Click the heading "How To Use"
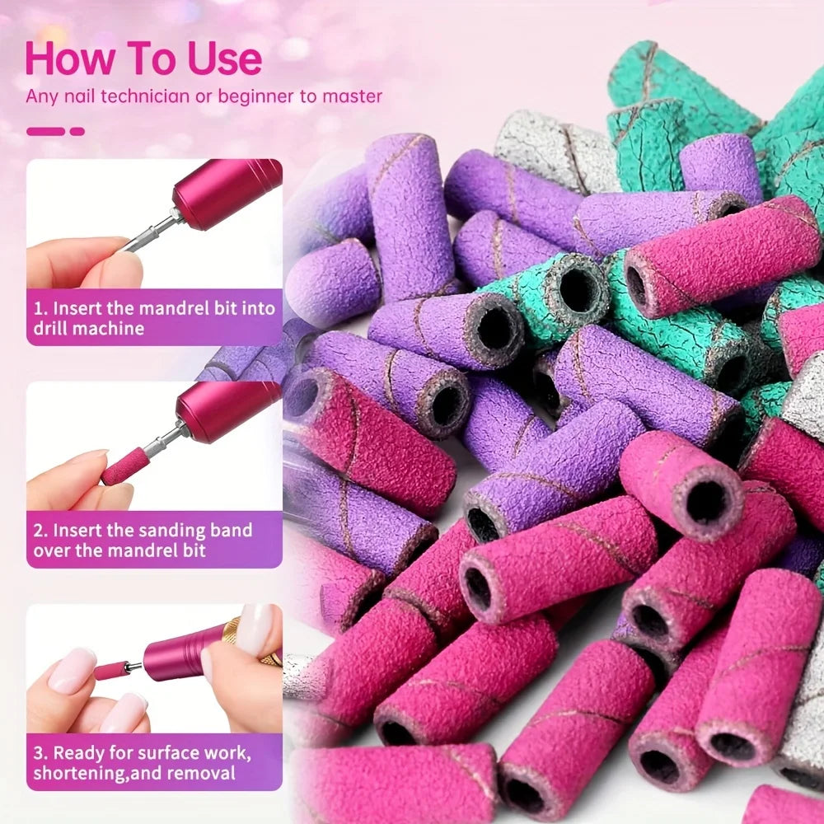143,59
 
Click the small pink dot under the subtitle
77,131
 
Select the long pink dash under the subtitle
45,131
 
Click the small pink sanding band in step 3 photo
110,671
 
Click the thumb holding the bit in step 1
119,269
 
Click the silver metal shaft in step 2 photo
163,439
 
